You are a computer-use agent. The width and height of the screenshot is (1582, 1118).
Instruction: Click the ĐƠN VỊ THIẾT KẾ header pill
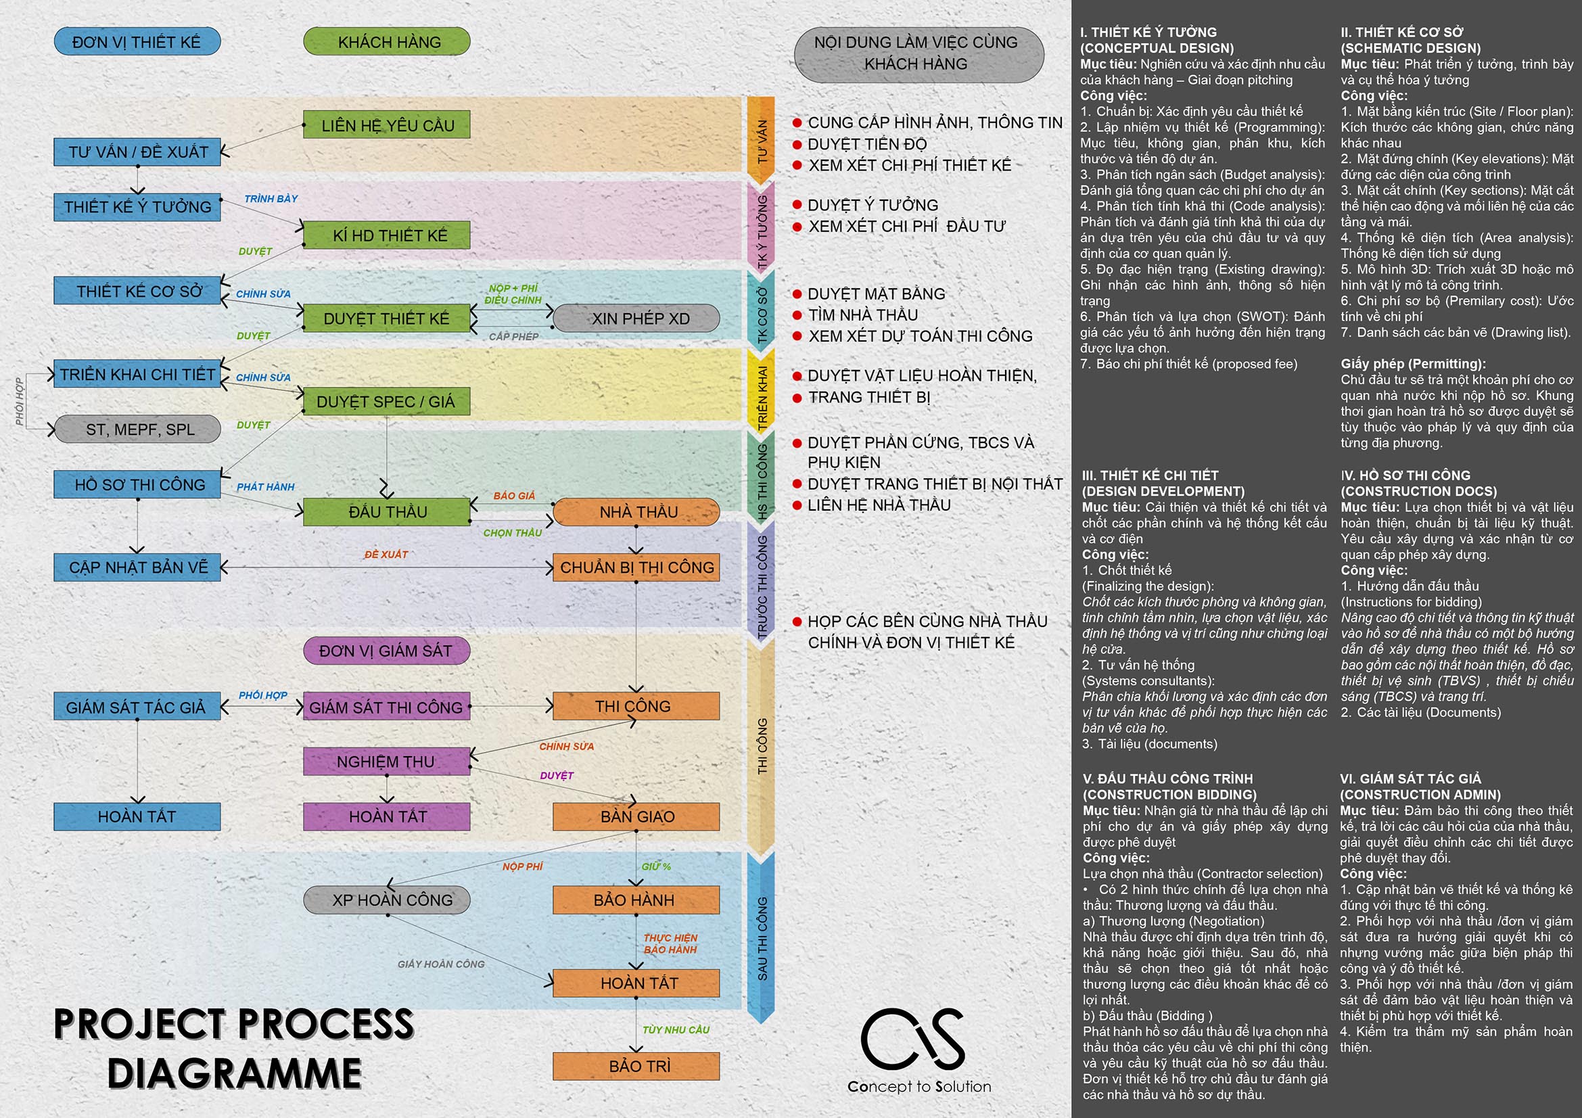click(x=137, y=41)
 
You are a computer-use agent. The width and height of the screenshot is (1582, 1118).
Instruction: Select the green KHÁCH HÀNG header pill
click(x=387, y=41)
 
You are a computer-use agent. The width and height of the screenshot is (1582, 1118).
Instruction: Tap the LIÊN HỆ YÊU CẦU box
click(x=387, y=125)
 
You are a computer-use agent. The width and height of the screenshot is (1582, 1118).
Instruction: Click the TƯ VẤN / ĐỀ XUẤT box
click(x=137, y=152)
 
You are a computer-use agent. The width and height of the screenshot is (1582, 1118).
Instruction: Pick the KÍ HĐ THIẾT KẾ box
click(x=387, y=235)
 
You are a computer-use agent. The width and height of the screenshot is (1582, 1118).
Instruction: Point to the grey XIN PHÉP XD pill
click(x=636, y=319)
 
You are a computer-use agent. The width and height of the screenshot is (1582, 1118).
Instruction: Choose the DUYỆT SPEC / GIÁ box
click(x=387, y=401)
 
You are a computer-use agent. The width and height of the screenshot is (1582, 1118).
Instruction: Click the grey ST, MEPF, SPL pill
click(x=137, y=429)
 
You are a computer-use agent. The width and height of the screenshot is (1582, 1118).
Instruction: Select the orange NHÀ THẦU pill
click(x=636, y=512)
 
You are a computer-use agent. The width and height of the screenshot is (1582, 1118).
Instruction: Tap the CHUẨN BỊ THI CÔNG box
click(x=636, y=567)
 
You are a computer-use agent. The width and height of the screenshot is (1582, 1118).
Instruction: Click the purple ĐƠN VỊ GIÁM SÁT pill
click(x=387, y=651)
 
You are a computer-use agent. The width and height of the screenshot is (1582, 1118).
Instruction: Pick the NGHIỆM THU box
click(x=387, y=761)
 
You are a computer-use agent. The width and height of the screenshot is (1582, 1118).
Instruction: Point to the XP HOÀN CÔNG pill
click(x=387, y=900)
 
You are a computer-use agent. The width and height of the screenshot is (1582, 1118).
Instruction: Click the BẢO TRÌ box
click(x=636, y=1067)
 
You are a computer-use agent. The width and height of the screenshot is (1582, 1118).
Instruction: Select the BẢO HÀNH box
click(x=636, y=900)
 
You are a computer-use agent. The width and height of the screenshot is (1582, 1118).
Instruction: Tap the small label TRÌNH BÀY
click(x=271, y=199)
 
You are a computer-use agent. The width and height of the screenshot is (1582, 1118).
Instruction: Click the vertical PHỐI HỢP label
click(x=20, y=401)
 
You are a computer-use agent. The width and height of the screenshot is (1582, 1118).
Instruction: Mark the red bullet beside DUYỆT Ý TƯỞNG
click(x=797, y=204)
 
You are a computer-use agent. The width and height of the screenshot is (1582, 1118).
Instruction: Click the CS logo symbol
click(x=913, y=1039)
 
